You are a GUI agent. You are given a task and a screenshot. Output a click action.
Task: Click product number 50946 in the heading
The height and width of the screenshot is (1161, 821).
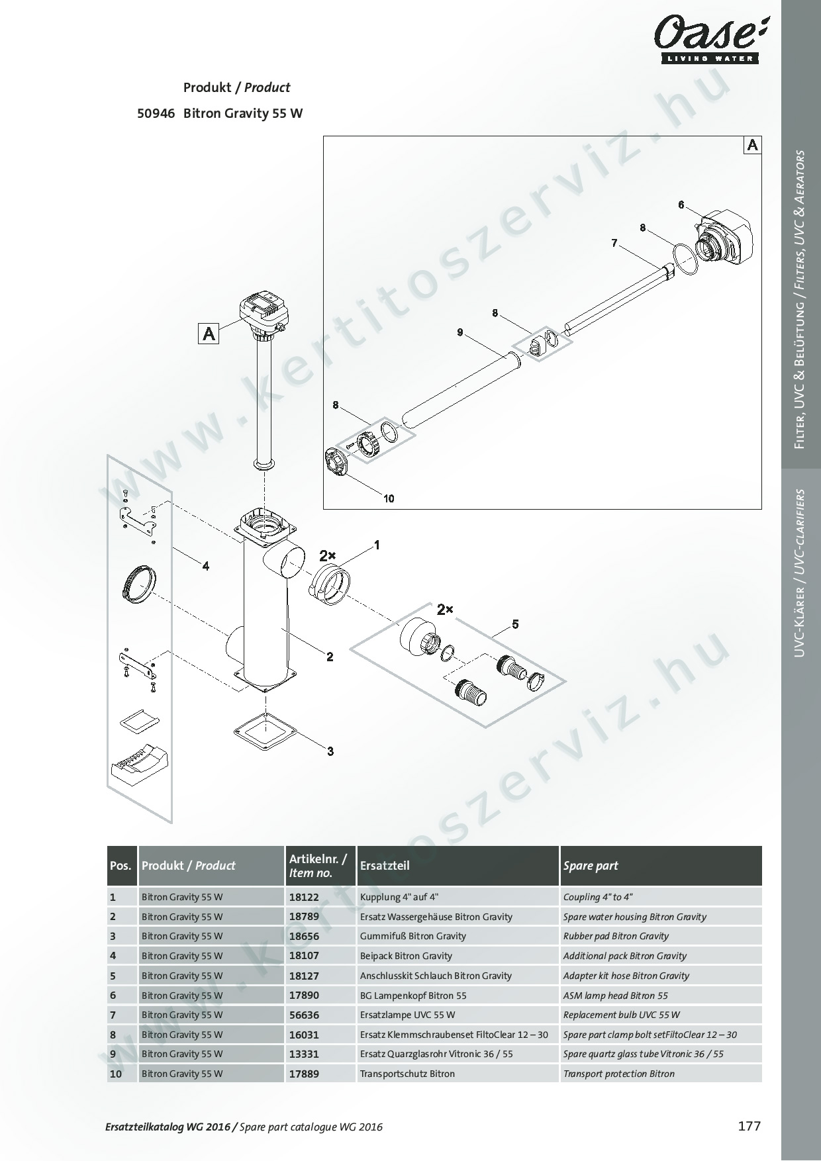(x=156, y=113)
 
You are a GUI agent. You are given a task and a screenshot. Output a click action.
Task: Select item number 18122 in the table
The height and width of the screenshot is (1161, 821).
(x=304, y=897)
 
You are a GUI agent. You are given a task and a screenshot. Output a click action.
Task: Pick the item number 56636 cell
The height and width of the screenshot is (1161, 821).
(x=304, y=1015)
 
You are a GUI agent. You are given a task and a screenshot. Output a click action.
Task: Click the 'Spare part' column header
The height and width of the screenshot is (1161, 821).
(x=591, y=866)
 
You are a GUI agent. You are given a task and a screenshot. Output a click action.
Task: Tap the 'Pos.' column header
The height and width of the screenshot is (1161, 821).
(x=121, y=866)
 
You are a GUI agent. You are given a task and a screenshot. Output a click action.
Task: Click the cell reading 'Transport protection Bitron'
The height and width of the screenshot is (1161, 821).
(x=619, y=1074)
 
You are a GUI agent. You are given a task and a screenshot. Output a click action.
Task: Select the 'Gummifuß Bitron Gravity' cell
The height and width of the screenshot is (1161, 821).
(x=413, y=936)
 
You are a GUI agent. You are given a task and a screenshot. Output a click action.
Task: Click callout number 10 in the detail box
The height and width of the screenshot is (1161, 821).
(x=389, y=498)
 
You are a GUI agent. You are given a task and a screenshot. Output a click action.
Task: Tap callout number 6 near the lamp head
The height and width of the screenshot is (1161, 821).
(x=681, y=205)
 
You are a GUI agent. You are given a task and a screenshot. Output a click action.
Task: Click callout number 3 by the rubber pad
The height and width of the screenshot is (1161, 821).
(x=330, y=751)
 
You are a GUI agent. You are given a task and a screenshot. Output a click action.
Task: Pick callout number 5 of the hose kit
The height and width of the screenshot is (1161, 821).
(x=515, y=624)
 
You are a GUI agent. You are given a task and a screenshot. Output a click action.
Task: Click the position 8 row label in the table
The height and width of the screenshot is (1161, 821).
(x=113, y=1035)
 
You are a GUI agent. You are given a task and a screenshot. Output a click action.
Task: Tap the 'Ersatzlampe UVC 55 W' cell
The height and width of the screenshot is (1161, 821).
(x=408, y=1015)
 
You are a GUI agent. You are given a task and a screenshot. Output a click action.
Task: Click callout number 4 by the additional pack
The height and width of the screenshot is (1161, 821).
(x=206, y=566)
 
